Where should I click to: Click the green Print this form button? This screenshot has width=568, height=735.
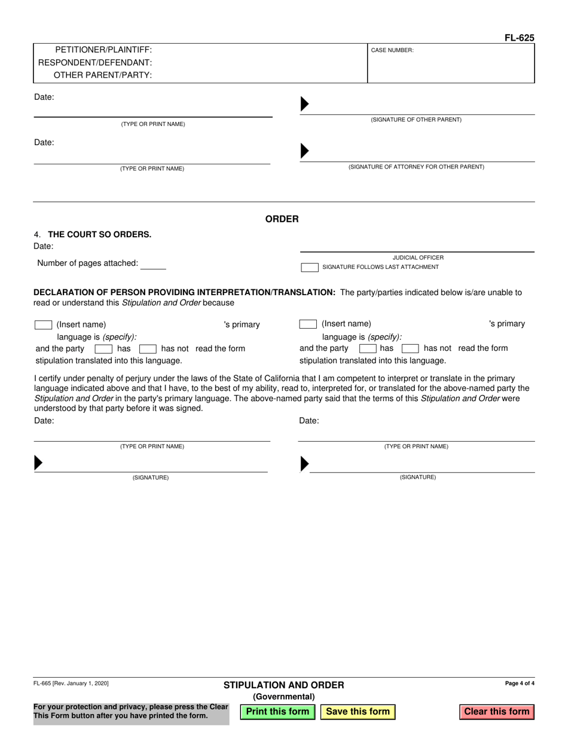(277, 712)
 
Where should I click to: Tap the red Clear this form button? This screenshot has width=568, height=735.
(497, 712)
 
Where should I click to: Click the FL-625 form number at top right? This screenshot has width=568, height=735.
(519, 38)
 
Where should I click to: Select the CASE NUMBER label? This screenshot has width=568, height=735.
(392, 51)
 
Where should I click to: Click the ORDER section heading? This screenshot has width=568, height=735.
(282, 219)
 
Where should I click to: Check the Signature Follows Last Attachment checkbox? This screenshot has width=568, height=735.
(309, 267)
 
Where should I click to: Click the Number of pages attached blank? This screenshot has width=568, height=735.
(154, 264)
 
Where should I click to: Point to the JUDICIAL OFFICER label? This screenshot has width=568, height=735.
(418, 258)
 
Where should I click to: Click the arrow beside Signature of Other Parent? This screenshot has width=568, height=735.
(304, 104)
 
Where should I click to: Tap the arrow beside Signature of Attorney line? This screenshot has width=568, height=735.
(304, 152)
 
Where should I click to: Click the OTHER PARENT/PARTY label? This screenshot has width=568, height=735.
(103, 75)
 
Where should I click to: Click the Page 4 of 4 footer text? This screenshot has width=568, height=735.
(520, 684)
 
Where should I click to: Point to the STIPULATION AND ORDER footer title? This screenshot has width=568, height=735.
(284, 685)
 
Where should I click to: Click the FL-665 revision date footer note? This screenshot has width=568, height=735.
(71, 683)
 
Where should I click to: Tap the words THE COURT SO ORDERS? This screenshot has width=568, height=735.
(99, 234)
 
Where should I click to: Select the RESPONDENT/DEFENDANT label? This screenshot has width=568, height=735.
(95, 62)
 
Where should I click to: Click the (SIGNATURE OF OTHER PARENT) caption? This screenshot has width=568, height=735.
(416, 120)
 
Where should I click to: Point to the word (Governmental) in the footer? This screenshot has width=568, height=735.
(284, 697)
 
